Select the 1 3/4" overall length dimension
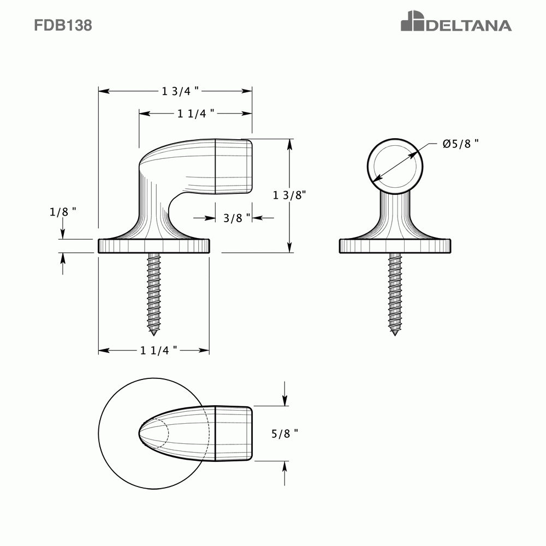(180, 91)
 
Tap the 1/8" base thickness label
(62, 212)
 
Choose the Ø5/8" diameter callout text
(461, 144)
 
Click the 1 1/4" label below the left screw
(159, 351)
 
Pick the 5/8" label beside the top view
(285, 434)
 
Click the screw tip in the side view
(154, 331)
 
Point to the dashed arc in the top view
(167, 434)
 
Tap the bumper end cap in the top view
(234, 434)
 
